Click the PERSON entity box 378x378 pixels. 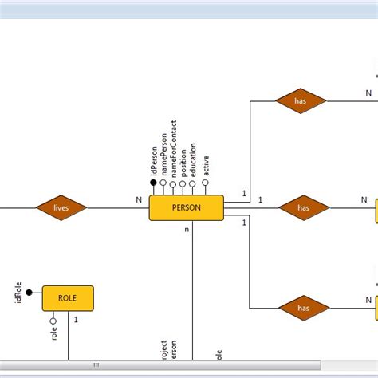(187, 208)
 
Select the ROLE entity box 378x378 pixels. (68, 297)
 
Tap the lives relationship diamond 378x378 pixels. (61, 208)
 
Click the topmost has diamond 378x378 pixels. (301, 101)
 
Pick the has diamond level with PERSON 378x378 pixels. (303, 208)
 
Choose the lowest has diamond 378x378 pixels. (303, 307)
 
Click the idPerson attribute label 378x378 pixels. (153, 159)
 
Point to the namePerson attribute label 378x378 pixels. (163, 155)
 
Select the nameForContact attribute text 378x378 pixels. (174, 149)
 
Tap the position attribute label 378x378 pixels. (183, 160)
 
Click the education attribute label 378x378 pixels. (193, 159)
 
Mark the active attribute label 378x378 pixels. (206, 163)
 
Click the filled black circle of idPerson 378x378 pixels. (153, 183)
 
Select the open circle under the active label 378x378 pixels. (206, 183)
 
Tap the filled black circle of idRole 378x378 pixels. (30, 292)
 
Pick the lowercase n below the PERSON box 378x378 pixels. (187, 230)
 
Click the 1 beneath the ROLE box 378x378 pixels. (76, 320)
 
